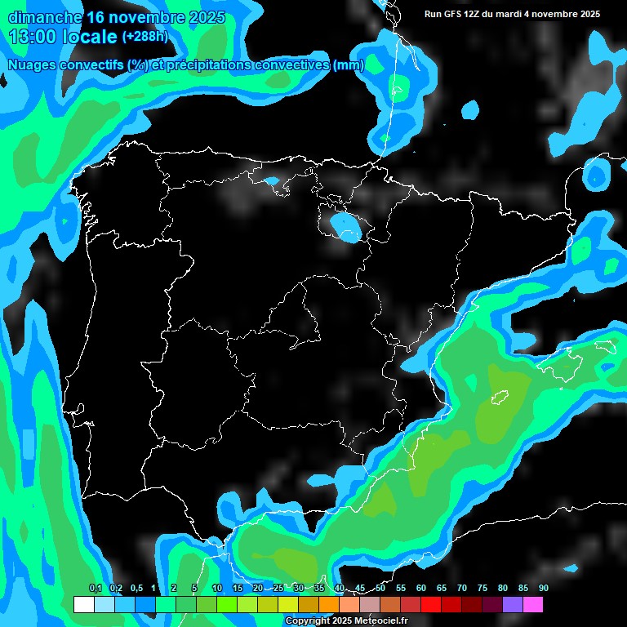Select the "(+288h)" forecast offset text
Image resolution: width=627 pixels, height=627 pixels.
(x=145, y=37)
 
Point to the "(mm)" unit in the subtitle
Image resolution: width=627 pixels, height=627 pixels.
(x=349, y=65)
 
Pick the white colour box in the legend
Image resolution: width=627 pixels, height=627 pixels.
(x=83, y=605)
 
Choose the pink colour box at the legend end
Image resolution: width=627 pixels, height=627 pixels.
(x=533, y=605)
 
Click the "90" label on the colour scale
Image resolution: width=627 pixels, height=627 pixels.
(x=543, y=589)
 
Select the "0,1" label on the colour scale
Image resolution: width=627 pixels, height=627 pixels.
(x=96, y=589)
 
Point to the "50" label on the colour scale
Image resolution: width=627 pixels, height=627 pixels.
(x=380, y=589)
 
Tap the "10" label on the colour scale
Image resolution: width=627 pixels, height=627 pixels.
(x=217, y=589)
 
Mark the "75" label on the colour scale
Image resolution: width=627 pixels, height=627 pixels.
(x=482, y=589)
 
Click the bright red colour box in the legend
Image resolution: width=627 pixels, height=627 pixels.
(x=431, y=605)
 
